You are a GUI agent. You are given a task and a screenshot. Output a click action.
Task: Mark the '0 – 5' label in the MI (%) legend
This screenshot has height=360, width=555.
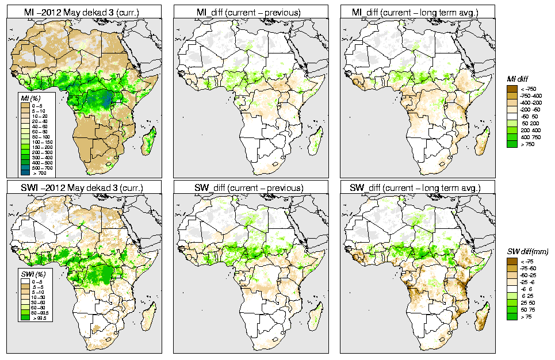(37, 106)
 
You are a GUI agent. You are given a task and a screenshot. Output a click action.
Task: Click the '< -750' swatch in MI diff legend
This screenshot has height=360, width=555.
(511, 89)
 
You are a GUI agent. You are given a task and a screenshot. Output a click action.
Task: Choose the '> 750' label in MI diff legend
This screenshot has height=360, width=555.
(527, 144)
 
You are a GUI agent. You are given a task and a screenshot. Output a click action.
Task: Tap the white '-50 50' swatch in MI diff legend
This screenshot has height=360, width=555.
(511, 116)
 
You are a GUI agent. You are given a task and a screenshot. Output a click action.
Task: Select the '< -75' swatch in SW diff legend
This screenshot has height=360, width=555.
(511, 261)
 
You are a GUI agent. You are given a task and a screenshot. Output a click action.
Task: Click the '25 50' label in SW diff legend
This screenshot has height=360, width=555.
(527, 302)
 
